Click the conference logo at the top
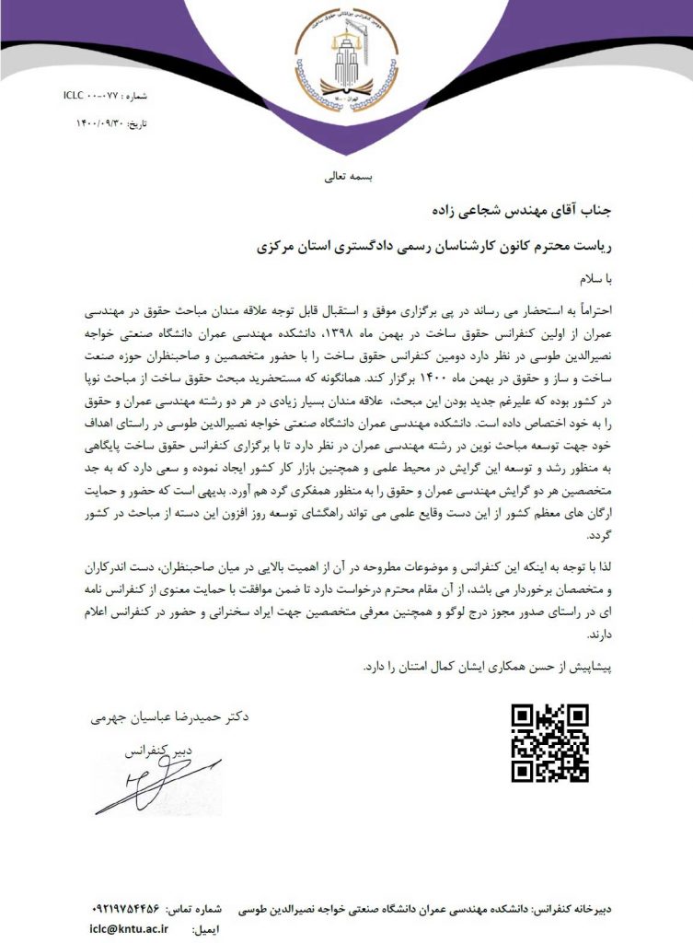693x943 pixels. tap(346, 61)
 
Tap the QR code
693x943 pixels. tap(550, 742)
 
